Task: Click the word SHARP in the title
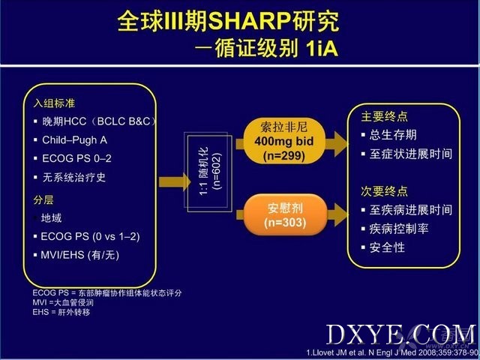tap(250, 21)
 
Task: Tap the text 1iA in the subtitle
tap(322, 48)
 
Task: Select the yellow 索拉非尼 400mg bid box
tap(284, 141)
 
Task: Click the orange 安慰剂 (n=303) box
tap(285, 215)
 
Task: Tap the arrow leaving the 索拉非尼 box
tap(336, 144)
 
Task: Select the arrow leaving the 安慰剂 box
tap(337, 214)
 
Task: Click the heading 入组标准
tap(54, 103)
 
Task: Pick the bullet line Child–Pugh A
tap(75, 140)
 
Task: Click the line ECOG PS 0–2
tap(76, 158)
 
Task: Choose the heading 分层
tap(43, 200)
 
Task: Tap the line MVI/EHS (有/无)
tap(80, 255)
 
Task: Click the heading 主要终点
tap(385, 117)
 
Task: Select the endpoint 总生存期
tap(393, 135)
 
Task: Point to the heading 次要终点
tap(385, 191)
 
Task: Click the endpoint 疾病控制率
tap(399, 229)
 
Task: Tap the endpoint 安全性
tap(387, 247)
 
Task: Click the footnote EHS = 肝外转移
tap(61, 312)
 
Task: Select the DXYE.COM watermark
tap(401, 335)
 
